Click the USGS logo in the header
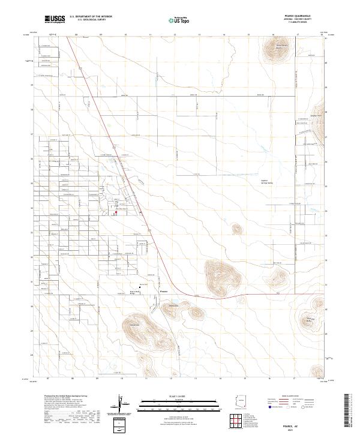click(x=55, y=20)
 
